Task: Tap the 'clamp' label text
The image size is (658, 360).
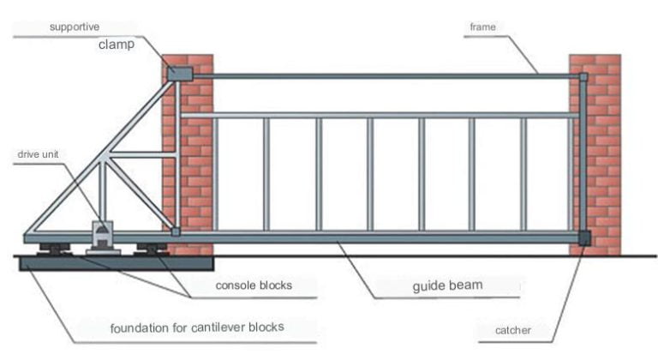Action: point(116,45)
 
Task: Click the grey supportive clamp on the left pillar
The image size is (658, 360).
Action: point(180,74)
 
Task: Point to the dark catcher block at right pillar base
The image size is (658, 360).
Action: point(584,238)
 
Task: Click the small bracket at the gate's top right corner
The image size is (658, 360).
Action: point(583,78)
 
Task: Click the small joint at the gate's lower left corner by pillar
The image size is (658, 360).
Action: point(175,231)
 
